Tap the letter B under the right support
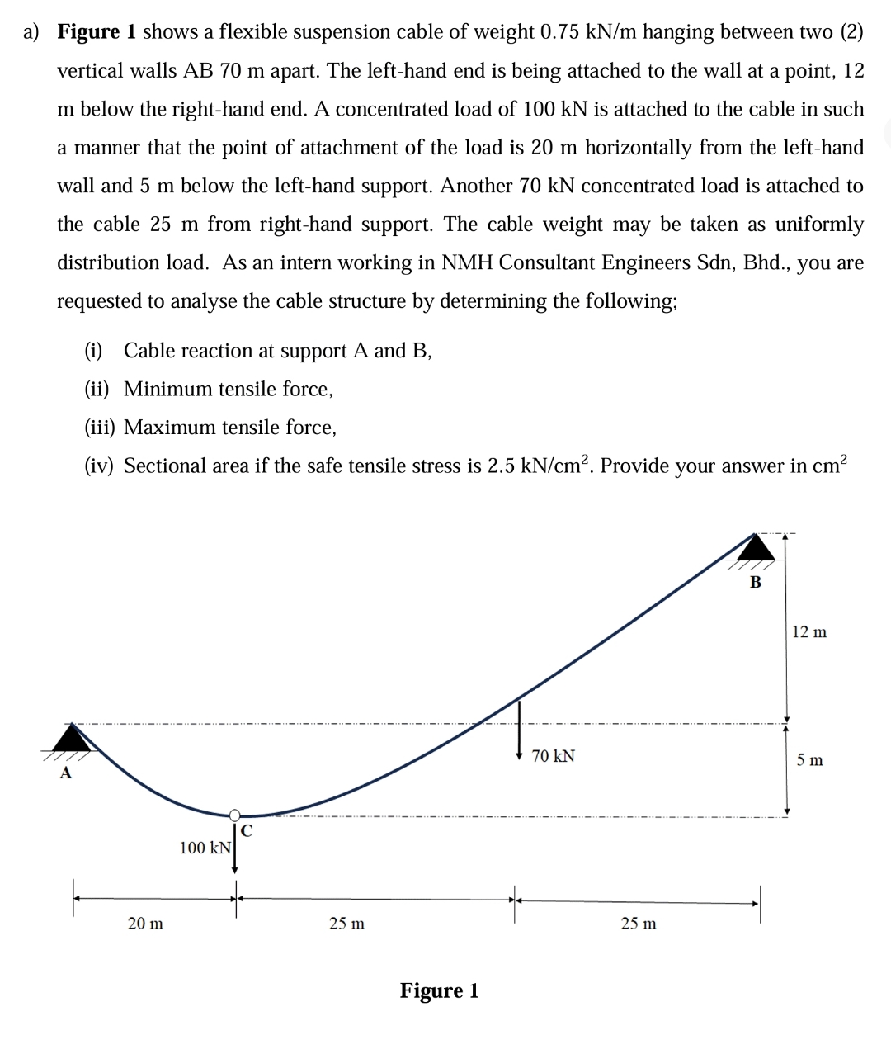click(755, 582)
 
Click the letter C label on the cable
click(247, 829)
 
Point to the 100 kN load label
click(205, 848)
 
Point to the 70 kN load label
click(554, 756)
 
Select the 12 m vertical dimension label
click(808, 632)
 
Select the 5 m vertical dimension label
click(809, 760)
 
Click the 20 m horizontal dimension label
click(145, 924)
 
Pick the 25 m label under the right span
click(639, 924)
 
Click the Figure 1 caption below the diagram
click(439, 990)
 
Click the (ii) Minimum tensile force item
click(209, 389)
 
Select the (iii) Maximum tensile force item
click(210, 428)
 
